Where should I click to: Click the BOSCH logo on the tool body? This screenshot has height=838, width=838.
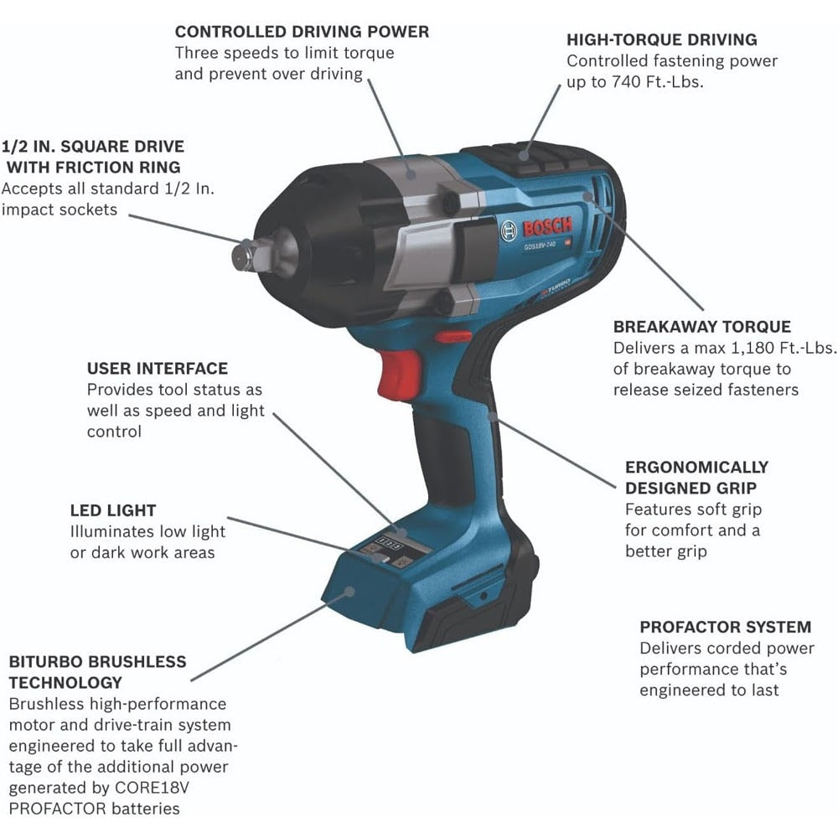click(x=544, y=227)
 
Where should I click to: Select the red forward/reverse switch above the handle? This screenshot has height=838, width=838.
click(x=453, y=337)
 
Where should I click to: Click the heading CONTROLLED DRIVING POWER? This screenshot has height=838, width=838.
click(x=302, y=32)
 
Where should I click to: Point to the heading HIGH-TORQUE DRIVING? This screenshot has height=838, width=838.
click(x=661, y=39)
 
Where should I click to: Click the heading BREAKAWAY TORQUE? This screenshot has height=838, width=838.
click(x=701, y=327)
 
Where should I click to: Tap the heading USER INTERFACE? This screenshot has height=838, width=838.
click(x=157, y=369)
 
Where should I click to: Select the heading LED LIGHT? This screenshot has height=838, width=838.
click(x=113, y=510)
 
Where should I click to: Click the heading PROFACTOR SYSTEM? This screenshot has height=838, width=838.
click(x=725, y=627)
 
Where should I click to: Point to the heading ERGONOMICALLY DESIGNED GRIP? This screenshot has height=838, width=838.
click(x=696, y=478)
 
